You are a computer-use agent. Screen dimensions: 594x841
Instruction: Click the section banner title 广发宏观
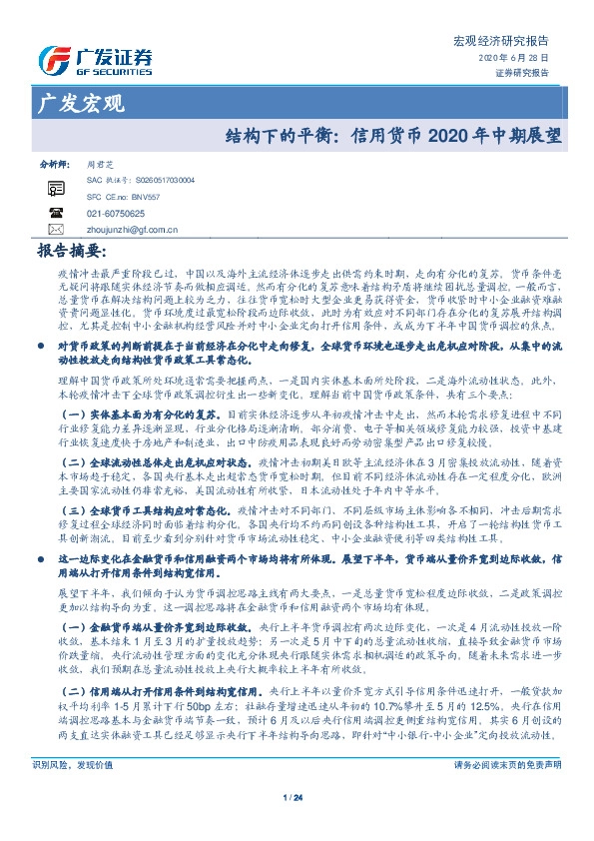(80, 104)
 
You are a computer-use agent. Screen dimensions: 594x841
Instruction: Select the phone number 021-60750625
(116, 214)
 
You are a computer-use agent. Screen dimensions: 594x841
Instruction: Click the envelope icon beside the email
(56, 230)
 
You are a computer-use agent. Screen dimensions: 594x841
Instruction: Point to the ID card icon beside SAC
(56, 187)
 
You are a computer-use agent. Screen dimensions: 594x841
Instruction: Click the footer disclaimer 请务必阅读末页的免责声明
(507, 764)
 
